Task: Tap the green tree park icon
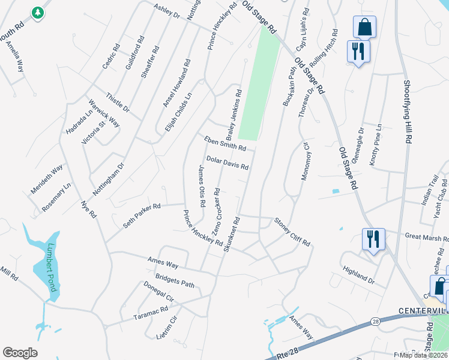click(x=38, y=12)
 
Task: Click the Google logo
click(x=20, y=353)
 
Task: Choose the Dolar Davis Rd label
click(x=227, y=163)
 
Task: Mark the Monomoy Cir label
click(x=305, y=161)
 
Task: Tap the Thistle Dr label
click(x=118, y=102)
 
